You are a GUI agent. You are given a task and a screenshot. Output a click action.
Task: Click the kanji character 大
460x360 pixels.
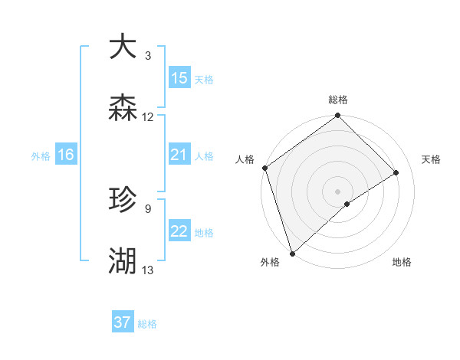[123, 46]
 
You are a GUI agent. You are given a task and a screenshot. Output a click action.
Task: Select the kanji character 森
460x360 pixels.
[123, 108]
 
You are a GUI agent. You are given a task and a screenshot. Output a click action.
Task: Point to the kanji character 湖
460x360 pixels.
[123, 261]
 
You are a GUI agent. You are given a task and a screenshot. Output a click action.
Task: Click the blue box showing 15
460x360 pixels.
[179, 78]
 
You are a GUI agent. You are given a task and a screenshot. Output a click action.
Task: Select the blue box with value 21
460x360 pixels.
[179, 155]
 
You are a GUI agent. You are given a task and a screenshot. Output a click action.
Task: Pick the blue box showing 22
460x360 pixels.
[179, 232]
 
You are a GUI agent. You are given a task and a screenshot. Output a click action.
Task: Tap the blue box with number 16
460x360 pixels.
[66, 155]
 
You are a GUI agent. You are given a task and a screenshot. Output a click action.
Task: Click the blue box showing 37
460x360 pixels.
[123, 322]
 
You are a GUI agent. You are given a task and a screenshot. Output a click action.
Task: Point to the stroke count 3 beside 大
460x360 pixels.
[148, 56]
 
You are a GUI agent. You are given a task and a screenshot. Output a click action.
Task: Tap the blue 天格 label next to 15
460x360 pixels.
[204, 79]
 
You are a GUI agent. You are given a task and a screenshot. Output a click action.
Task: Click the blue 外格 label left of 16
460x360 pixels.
[41, 156]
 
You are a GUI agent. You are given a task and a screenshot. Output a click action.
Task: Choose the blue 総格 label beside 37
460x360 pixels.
[147, 324]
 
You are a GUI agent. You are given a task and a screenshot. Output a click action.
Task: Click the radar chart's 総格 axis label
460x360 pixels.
[338, 100]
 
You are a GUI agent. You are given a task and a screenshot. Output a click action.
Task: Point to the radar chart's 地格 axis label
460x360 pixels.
[402, 262]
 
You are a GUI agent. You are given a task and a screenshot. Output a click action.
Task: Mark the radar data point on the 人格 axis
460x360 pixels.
[264, 168]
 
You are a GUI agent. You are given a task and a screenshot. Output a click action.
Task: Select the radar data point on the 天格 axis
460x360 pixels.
[396, 172]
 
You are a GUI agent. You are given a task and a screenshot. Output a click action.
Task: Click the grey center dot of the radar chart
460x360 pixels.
[337, 191]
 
